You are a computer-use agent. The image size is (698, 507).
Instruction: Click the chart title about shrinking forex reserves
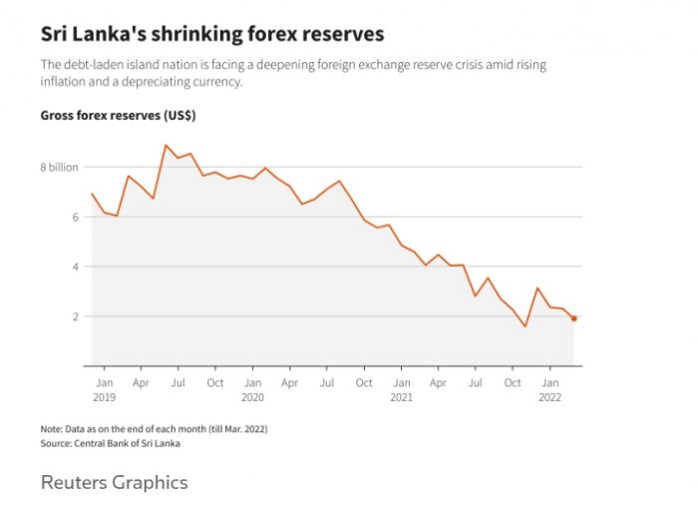tap(211, 35)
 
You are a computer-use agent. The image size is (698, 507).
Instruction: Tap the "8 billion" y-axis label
tap(59, 167)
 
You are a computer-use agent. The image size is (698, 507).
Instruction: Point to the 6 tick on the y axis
tap(75, 217)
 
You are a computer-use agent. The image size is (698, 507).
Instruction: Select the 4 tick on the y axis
tap(75, 266)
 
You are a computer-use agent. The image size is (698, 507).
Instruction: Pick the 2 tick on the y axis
tap(75, 316)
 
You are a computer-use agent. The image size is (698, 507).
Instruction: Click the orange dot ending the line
tap(574, 318)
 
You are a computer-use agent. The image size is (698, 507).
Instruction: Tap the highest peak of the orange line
tap(166, 146)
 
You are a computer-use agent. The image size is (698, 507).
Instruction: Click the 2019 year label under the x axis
tap(105, 395)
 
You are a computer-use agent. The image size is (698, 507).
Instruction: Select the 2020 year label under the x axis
tap(252, 395)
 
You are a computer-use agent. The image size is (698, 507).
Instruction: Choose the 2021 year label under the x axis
tap(401, 395)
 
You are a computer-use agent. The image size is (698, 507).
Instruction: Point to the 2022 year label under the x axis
tap(549, 395)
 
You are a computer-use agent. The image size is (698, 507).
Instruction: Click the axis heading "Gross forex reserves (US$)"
tap(118, 116)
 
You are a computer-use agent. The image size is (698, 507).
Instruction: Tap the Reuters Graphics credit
tap(114, 482)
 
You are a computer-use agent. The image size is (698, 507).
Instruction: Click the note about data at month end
tap(154, 429)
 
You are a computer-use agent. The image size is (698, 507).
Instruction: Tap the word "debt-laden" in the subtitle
tap(92, 65)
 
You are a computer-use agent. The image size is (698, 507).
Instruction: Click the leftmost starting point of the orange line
tap(91, 194)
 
